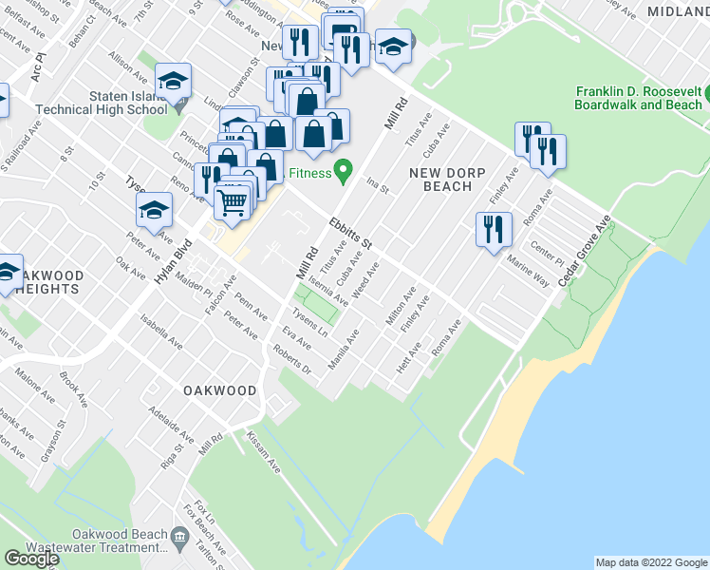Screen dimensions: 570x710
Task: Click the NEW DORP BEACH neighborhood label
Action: tap(440, 179)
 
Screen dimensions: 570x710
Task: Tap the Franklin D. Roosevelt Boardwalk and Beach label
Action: tap(638, 98)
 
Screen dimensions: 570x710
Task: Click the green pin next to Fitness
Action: tap(346, 173)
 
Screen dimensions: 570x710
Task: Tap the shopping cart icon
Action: tap(231, 200)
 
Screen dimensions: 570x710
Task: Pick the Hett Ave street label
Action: tap(410, 357)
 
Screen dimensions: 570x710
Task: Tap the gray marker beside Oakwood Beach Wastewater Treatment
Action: tap(180, 541)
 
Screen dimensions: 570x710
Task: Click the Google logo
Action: tap(32, 559)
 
